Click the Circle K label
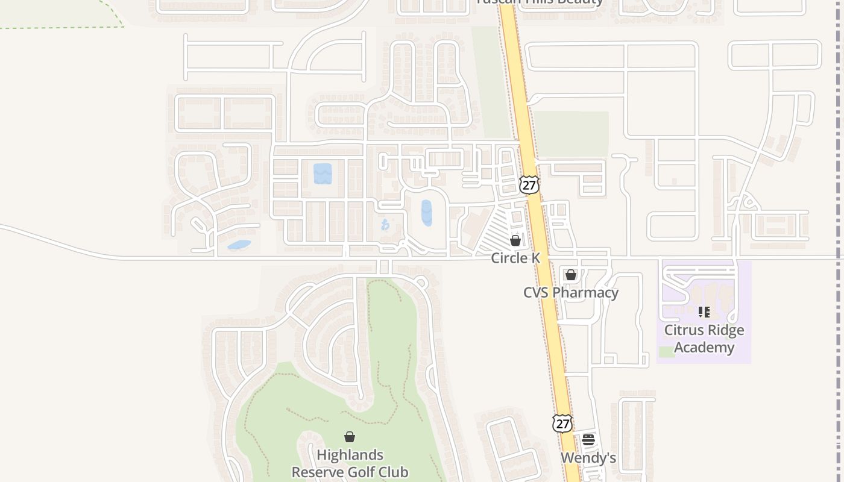coord(515,258)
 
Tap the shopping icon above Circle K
coord(515,240)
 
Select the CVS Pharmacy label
coord(570,293)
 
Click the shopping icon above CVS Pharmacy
coord(571,275)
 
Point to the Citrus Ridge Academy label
coord(704,339)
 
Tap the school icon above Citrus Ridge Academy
coord(704,312)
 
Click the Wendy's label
coord(588,458)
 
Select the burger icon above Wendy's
coord(588,440)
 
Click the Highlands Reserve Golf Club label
coord(350,463)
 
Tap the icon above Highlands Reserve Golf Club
coord(350,437)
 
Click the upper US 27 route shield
coord(529,185)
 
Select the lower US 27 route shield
coord(562,423)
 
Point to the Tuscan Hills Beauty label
coord(540,2)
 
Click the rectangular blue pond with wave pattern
coord(323,174)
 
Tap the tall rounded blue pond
coord(427,213)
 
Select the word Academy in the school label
coord(704,348)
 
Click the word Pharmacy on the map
coord(588,293)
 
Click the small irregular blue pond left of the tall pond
coord(385,225)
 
